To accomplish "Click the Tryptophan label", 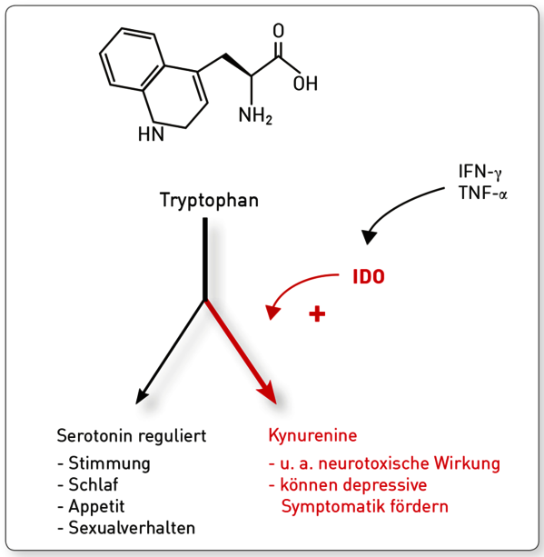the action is (x=209, y=201).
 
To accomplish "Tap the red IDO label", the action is (x=369, y=277).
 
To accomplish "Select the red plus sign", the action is (x=317, y=314).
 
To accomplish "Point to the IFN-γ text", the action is (x=480, y=172).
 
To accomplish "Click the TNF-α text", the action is (x=482, y=194).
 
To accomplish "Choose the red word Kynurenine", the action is (x=312, y=436).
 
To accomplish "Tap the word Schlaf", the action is (x=93, y=484).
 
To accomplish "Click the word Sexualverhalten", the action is (x=132, y=528).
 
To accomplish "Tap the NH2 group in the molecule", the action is (x=255, y=115).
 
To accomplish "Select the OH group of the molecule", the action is (x=305, y=84).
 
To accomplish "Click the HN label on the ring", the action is (x=151, y=134).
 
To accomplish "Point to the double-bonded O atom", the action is (x=279, y=31).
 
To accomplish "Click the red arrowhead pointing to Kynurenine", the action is (x=269, y=393).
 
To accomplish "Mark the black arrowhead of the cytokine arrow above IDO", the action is (x=370, y=236).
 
